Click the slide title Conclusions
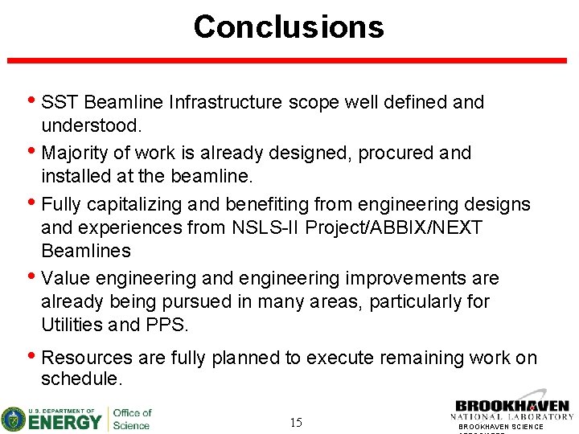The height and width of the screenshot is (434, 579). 289,27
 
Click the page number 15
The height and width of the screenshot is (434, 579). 296,422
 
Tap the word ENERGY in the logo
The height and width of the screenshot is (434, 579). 67,420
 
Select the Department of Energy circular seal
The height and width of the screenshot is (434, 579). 14,419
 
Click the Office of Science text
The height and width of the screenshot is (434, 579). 131,419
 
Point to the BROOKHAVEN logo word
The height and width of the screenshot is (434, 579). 512,407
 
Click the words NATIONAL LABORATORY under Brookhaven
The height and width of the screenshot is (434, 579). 512,417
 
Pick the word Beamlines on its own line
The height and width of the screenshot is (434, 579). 85,251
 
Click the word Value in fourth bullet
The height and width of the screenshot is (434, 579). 64,278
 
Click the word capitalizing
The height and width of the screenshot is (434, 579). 143,204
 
